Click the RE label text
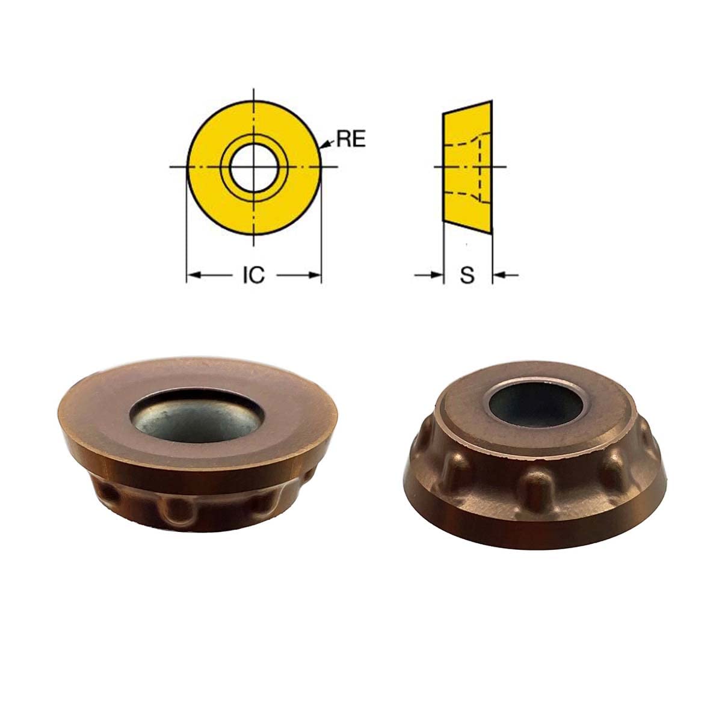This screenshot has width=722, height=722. (351, 140)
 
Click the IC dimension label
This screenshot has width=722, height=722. (253, 276)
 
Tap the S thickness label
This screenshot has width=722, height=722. (467, 276)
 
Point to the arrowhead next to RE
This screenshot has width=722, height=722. (325, 144)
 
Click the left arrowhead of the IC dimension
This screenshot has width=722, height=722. (194, 276)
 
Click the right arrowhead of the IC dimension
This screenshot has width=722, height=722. (314, 276)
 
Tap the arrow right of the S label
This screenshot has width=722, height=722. (501, 276)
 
